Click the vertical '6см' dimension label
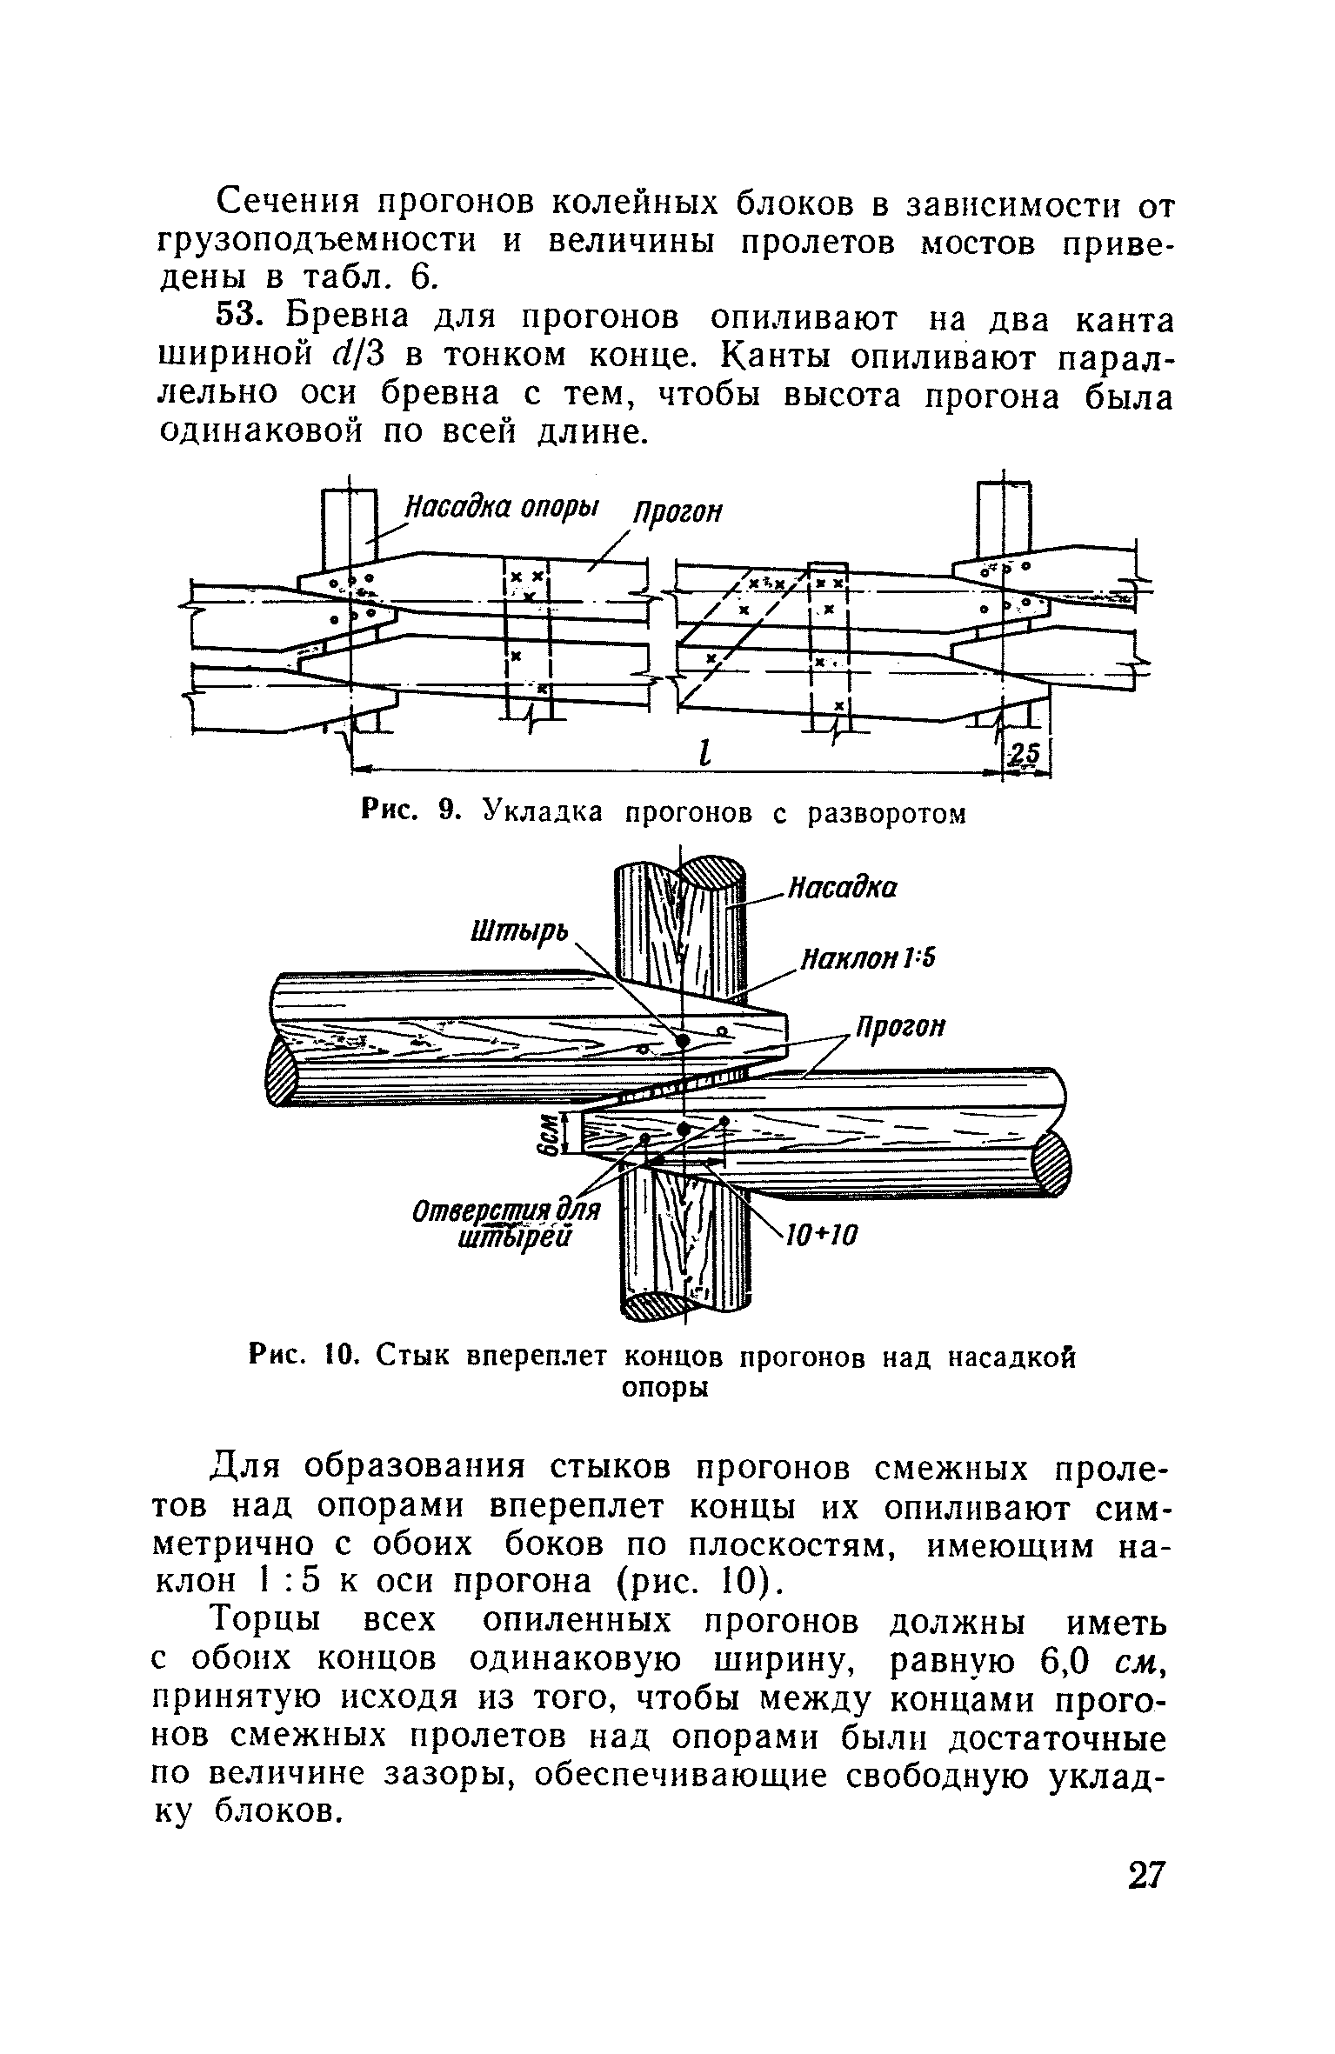tap(549, 1134)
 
